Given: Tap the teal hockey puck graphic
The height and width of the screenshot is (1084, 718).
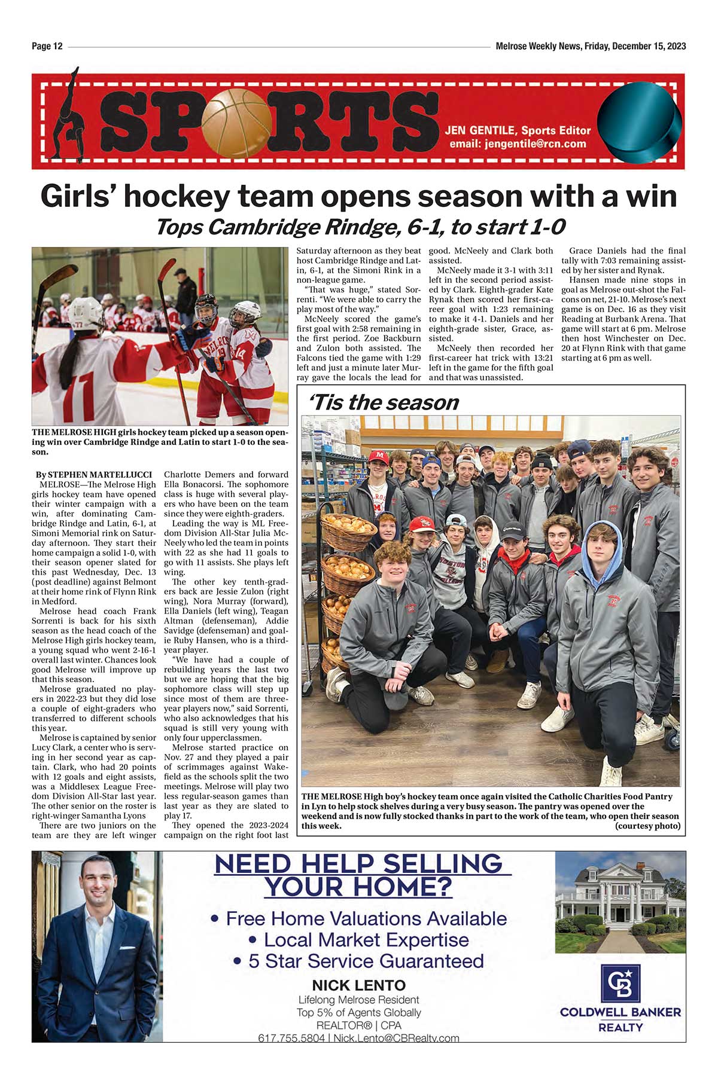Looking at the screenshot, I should pos(640,122).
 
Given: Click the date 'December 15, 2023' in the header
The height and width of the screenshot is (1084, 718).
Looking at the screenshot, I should pos(649,47).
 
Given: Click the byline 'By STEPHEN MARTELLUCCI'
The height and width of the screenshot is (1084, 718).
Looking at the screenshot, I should pos(94,475).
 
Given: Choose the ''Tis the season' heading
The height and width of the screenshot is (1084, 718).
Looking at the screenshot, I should pos(383,402).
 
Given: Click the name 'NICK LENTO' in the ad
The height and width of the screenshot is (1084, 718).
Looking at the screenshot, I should pos(358,985).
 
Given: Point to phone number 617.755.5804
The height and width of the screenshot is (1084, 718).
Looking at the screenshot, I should pos(291,1038).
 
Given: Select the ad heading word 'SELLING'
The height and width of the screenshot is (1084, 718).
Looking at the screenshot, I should pos(443,864).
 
